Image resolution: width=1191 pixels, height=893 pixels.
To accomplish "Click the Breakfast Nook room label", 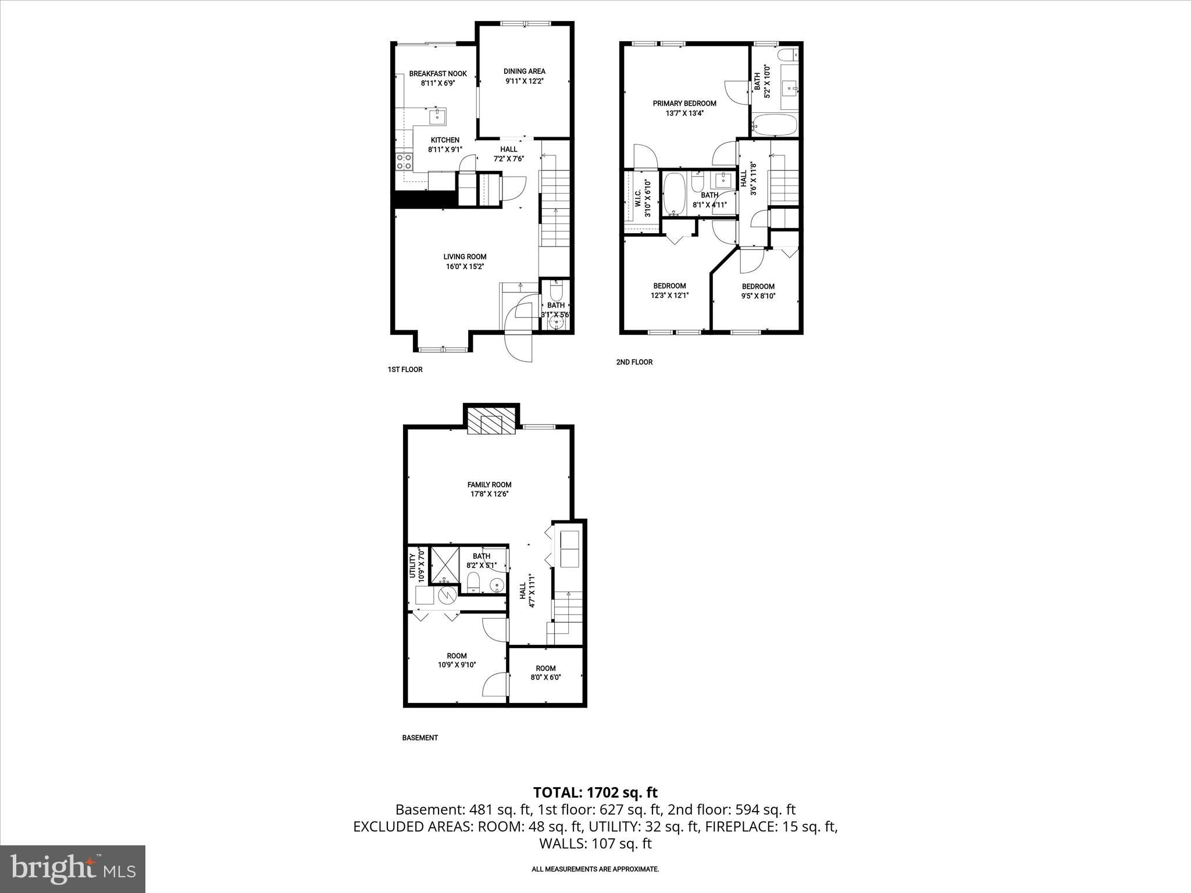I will (x=438, y=74).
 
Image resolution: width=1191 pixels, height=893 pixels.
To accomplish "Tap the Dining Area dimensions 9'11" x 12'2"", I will (x=524, y=81).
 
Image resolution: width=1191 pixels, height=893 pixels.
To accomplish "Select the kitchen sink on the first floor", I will (x=437, y=117).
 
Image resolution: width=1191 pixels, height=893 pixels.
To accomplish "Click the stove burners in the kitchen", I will (x=402, y=161).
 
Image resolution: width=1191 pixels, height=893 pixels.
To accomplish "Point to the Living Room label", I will (x=465, y=256).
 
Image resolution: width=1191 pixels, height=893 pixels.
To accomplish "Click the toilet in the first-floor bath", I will (x=556, y=289).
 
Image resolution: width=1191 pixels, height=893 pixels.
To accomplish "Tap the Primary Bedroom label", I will (x=684, y=103).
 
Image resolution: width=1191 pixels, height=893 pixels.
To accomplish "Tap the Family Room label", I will (x=489, y=484).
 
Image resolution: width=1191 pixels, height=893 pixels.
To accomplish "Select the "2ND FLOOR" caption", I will (x=634, y=362).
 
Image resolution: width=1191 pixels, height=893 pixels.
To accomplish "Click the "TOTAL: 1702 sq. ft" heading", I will (x=595, y=792).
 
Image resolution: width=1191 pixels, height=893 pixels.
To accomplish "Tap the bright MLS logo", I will (x=73, y=869).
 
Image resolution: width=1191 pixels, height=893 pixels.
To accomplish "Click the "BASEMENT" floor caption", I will (x=420, y=738).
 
